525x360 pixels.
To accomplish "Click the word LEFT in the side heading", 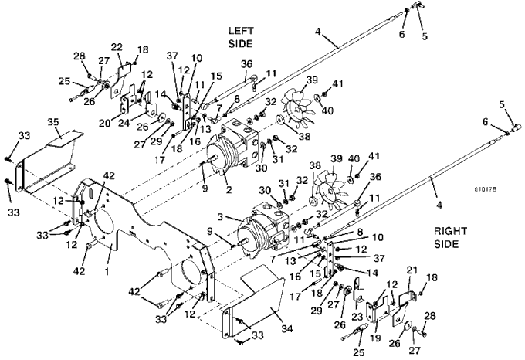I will click(x=240, y=31).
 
